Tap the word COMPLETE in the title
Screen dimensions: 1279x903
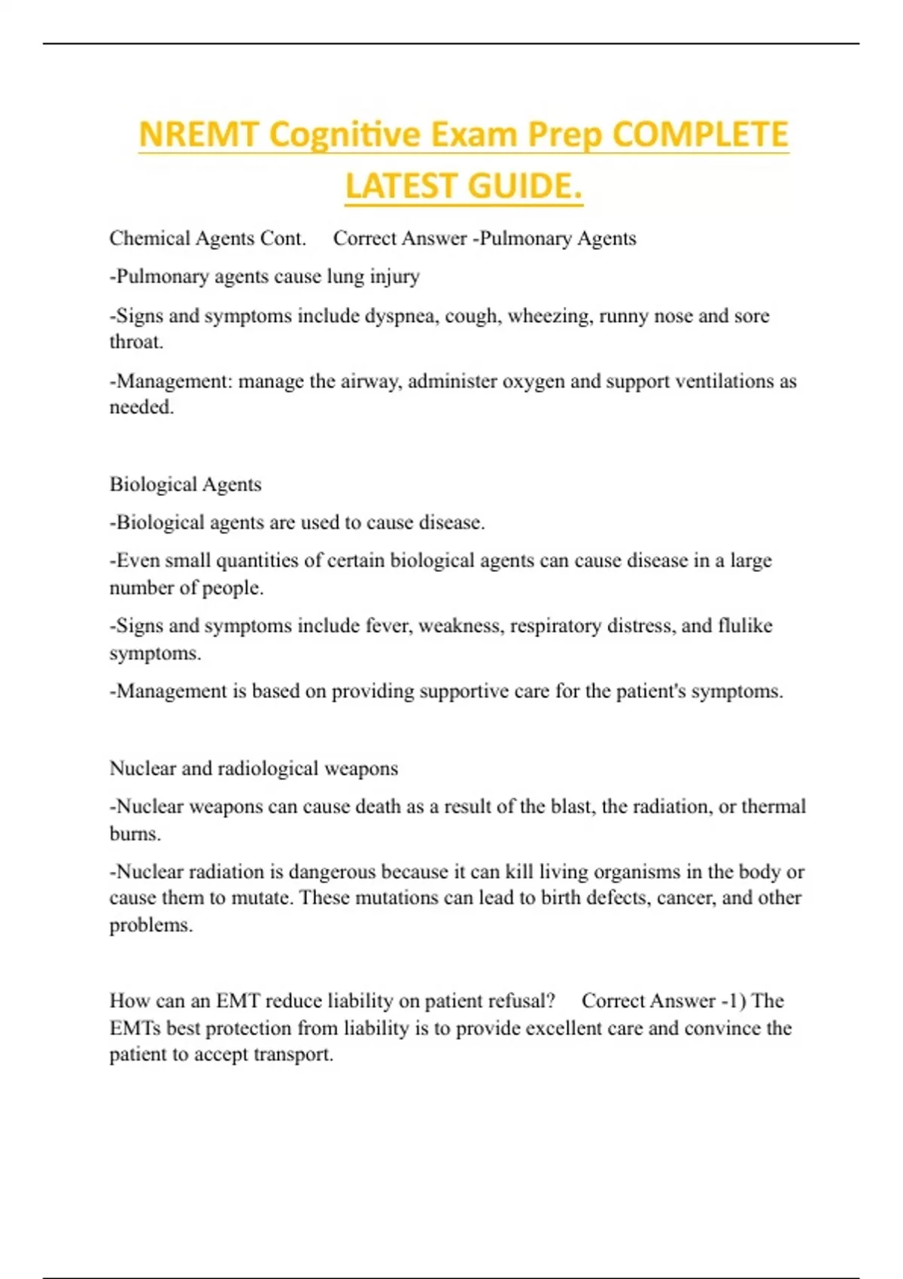[x=700, y=135]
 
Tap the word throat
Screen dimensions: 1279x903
[x=135, y=342]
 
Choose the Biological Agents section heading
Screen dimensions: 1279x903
[x=185, y=485]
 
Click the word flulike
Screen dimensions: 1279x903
[x=745, y=626]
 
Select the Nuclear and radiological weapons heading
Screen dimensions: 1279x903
[x=254, y=768]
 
